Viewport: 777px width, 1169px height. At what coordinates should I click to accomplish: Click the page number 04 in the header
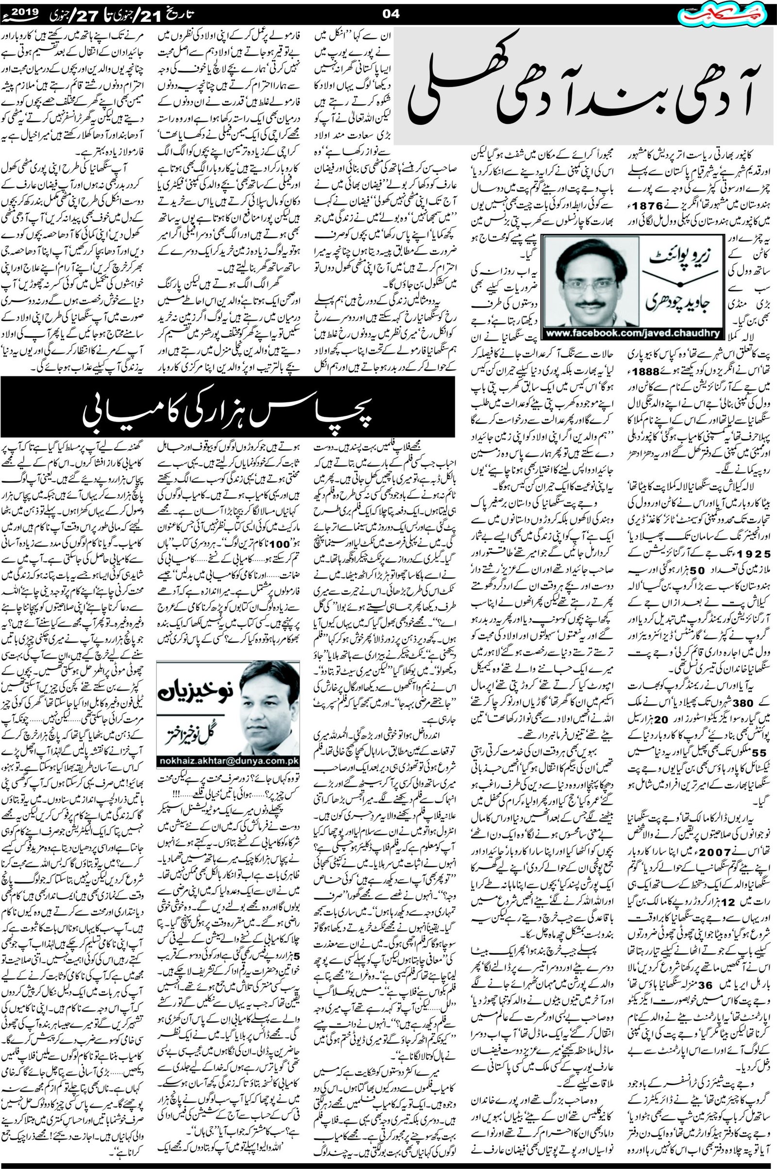point(391,15)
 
